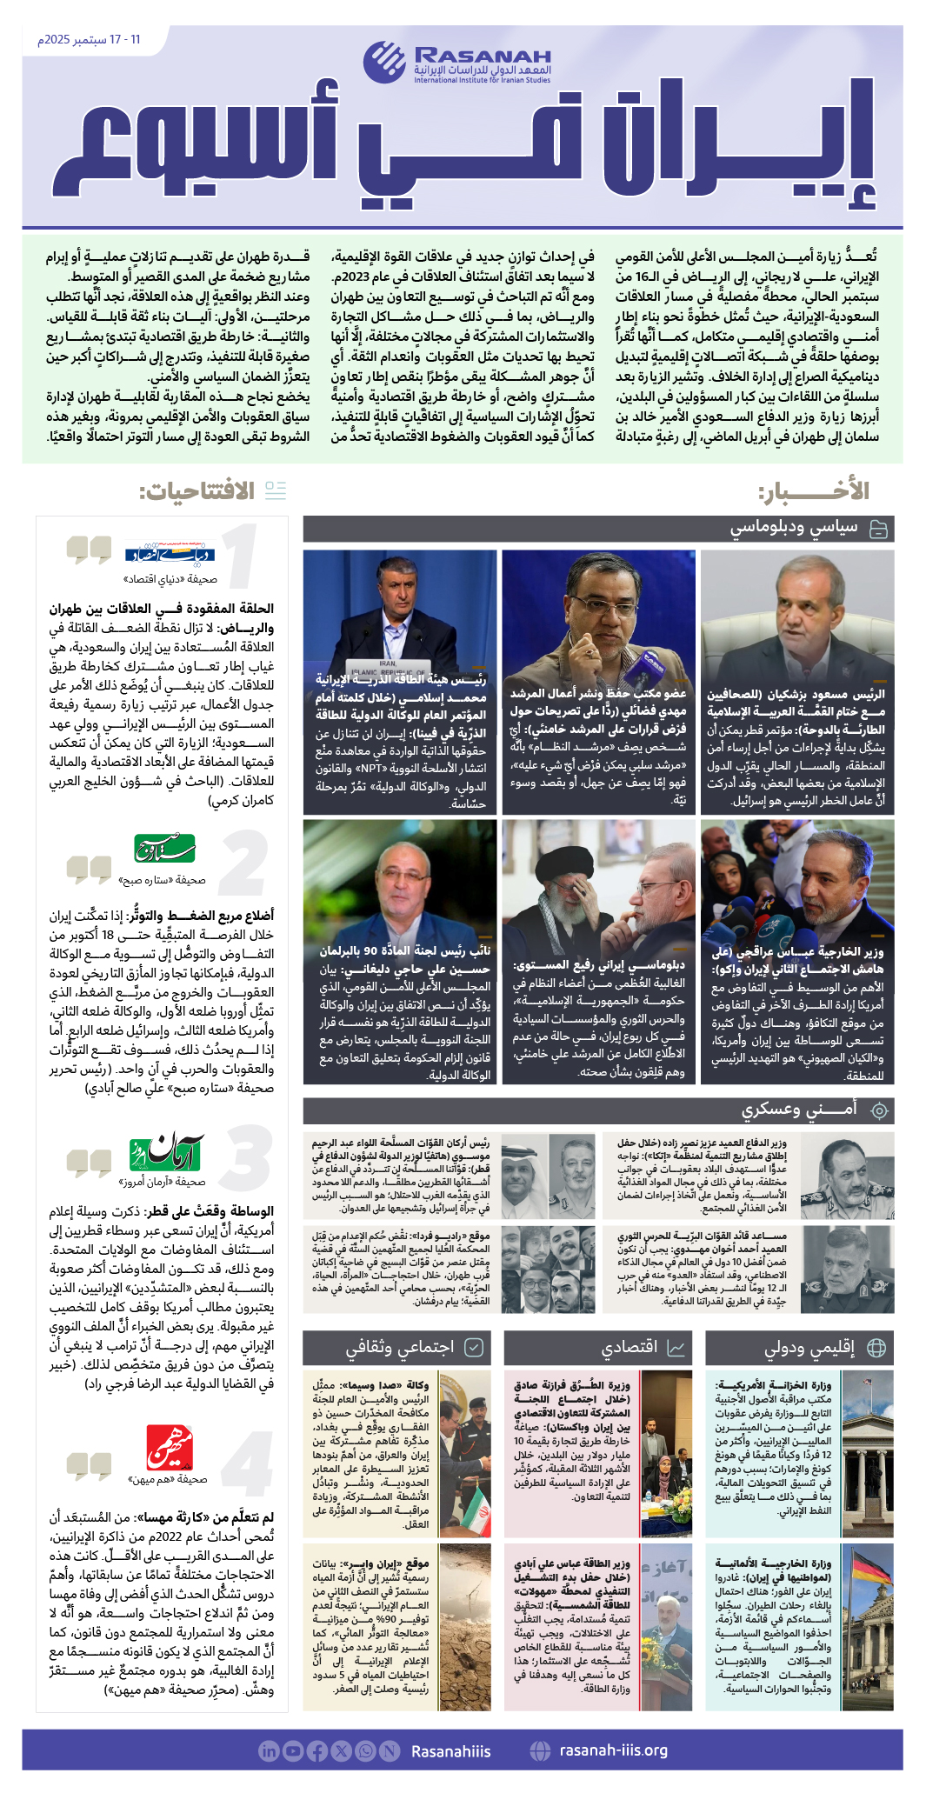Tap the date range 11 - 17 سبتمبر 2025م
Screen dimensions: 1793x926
coord(89,40)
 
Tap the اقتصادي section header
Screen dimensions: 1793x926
coord(630,1348)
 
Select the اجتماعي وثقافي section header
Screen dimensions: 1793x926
coord(399,1348)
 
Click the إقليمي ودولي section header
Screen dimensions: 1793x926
coord(809,1348)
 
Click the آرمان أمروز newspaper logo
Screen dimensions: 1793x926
coord(165,1154)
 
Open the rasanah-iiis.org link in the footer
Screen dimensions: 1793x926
coord(614,1750)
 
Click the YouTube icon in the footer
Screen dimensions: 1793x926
coord(292,1751)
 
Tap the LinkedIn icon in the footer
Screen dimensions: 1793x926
coord(269,1751)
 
